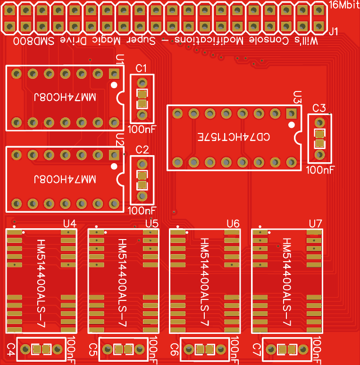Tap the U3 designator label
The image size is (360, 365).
(297, 97)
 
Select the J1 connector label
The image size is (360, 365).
(334, 32)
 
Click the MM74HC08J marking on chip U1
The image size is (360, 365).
(65, 97)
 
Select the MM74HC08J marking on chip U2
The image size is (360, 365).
(65, 179)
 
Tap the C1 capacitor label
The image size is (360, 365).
(142, 68)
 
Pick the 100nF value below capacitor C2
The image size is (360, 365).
(142, 210)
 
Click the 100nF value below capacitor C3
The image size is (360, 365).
(320, 169)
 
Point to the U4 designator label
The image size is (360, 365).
(70, 223)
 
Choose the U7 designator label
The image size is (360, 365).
(316, 223)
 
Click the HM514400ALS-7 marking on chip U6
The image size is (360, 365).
(206, 282)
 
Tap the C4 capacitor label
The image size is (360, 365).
(11, 349)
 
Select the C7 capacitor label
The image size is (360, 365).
(257, 349)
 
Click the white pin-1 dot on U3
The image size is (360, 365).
(292, 125)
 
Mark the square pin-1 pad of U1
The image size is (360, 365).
(114, 74)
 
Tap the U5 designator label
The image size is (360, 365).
(152, 223)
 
